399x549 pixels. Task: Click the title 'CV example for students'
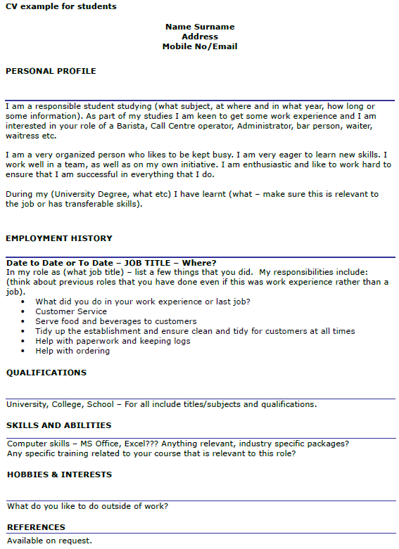pos(61,6)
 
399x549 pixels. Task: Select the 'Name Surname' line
pos(200,27)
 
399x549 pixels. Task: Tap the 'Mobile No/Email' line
pos(200,46)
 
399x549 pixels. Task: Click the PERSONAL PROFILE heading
pos(51,71)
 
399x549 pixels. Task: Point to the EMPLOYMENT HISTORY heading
pos(59,238)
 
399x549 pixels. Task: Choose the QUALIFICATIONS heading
pos(46,373)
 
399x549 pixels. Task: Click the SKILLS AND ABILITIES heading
pos(59,425)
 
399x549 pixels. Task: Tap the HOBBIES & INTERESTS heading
pos(59,474)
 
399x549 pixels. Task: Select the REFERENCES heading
pos(36,527)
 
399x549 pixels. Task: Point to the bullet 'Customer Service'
pos(71,311)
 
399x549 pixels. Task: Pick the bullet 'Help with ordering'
pos(72,351)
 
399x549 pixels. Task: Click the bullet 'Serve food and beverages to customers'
pos(116,321)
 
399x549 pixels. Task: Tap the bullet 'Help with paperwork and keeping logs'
pos(113,341)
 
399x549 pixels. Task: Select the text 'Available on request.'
pos(49,541)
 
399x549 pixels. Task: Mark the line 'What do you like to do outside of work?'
pos(87,506)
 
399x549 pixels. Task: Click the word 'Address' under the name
pos(200,37)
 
